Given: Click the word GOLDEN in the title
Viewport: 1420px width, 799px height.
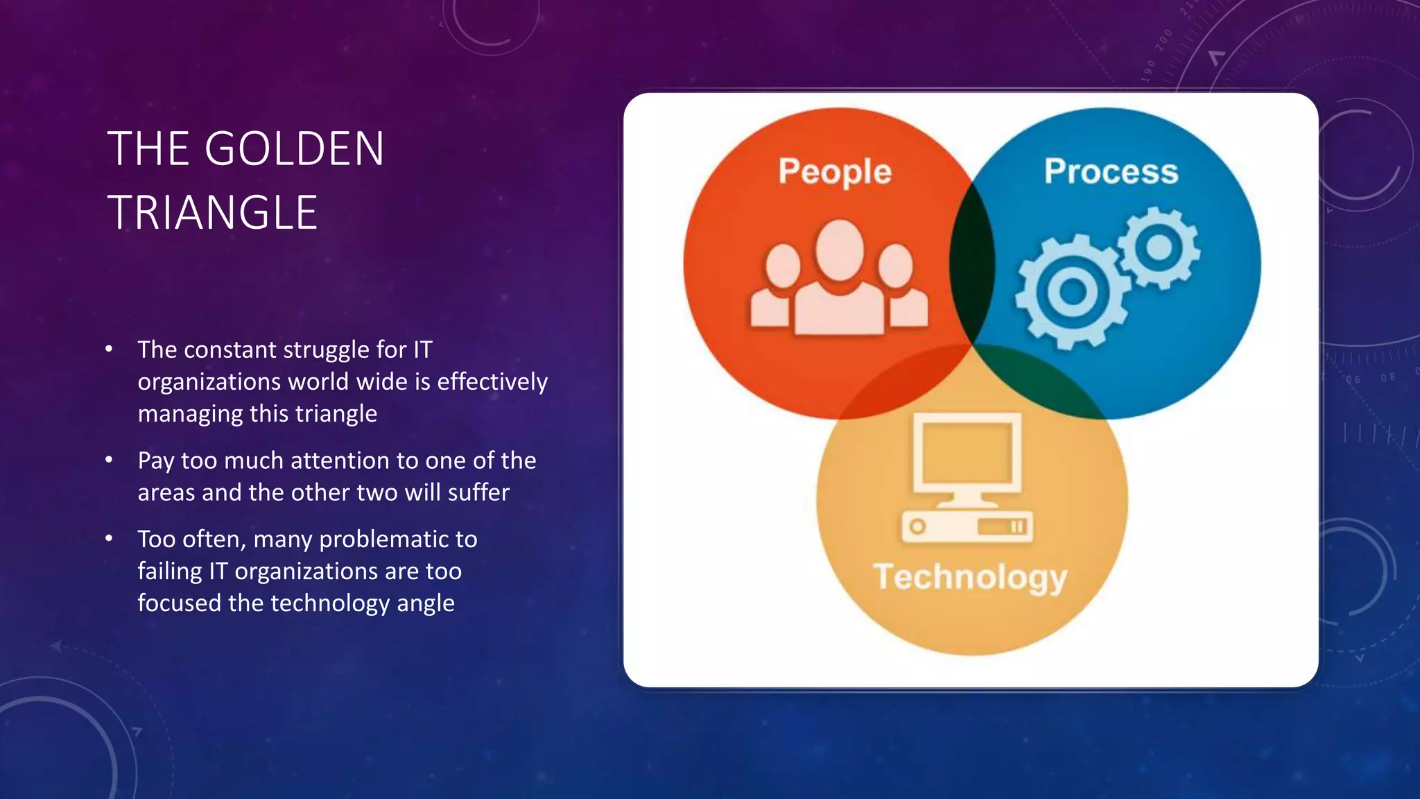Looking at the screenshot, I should [294, 149].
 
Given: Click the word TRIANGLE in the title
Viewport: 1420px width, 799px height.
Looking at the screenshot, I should [212, 213].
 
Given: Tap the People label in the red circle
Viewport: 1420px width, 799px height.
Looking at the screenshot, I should [834, 171].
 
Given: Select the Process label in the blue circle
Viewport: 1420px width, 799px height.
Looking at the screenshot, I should [1111, 171].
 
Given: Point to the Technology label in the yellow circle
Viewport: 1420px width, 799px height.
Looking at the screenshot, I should [970, 577].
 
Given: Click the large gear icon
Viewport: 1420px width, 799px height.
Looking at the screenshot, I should [1071, 291].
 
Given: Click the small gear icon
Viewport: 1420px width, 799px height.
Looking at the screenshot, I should [1158, 247].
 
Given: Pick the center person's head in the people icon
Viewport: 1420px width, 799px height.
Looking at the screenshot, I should [840, 250].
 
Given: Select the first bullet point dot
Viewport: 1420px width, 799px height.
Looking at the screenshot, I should [109, 349].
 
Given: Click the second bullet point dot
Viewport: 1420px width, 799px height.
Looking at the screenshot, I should [109, 460].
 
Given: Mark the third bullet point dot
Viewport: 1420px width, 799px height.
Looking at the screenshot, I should [109, 538].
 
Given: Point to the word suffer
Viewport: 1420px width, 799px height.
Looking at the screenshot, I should [478, 492].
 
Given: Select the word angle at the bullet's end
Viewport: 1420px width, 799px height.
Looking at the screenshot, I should [425, 603].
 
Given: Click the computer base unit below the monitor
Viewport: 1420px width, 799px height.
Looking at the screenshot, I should [967, 526].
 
